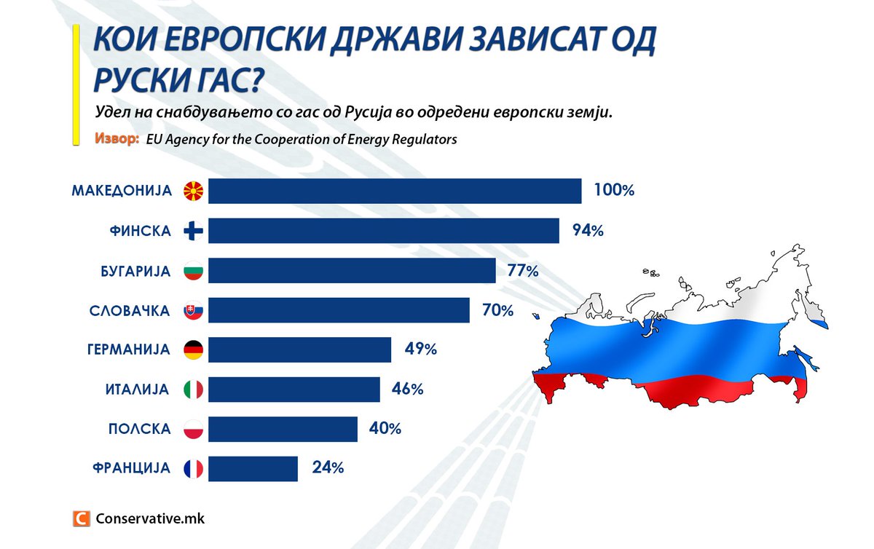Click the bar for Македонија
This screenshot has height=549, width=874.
(394, 191)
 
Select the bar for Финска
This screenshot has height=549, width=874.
(383, 231)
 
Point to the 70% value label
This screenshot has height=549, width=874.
(497, 310)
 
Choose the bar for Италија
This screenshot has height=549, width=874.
(294, 390)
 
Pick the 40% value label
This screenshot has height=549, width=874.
(385, 429)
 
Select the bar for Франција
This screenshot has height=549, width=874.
(253, 468)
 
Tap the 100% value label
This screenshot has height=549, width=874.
(614, 191)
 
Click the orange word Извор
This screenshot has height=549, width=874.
(117, 138)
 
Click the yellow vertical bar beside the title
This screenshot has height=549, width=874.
(76, 88)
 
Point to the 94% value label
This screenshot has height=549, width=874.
(587, 231)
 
